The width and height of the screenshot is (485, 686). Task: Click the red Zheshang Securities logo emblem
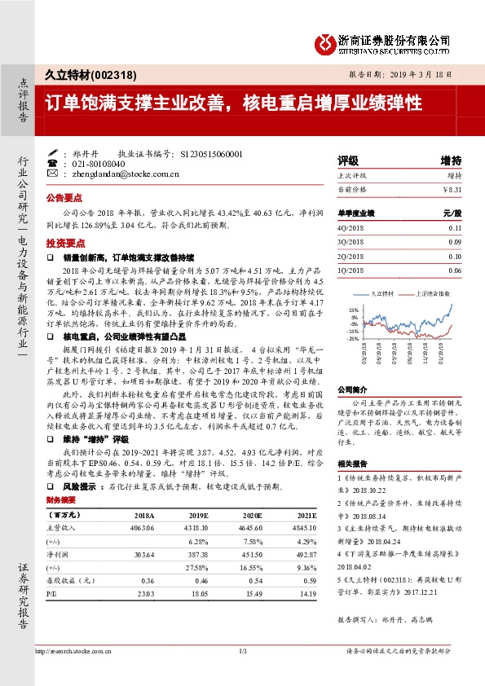pos(325,40)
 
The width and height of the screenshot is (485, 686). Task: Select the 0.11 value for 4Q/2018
pos(454,227)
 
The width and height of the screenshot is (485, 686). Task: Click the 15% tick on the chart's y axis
pos(353,310)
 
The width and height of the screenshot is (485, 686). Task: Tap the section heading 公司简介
pos(353,389)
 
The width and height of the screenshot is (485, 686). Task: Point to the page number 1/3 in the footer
pos(242,650)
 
